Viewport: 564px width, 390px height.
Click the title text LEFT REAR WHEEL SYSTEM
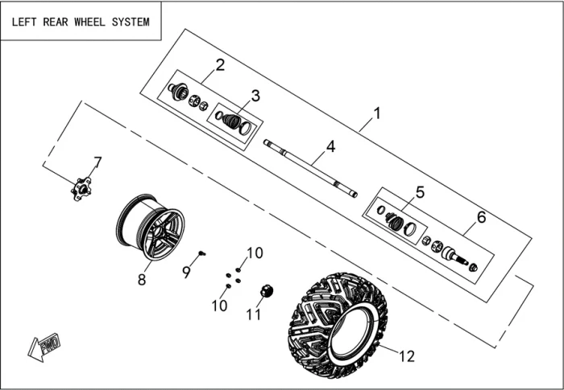tap(80, 22)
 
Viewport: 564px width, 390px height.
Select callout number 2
tap(219, 65)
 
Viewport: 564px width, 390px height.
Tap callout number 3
tap(255, 96)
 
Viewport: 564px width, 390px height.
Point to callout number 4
tap(330, 146)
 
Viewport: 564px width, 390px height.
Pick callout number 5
tap(419, 192)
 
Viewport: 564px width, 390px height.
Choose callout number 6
tap(482, 217)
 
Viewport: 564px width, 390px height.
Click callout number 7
tap(97, 163)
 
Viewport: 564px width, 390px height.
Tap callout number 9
tap(186, 273)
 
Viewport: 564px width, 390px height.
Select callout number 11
tap(254, 314)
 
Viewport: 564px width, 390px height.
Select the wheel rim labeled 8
tap(151, 228)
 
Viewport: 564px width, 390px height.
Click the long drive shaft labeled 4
tap(310, 167)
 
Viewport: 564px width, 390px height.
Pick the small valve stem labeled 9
tap(202, 252)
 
